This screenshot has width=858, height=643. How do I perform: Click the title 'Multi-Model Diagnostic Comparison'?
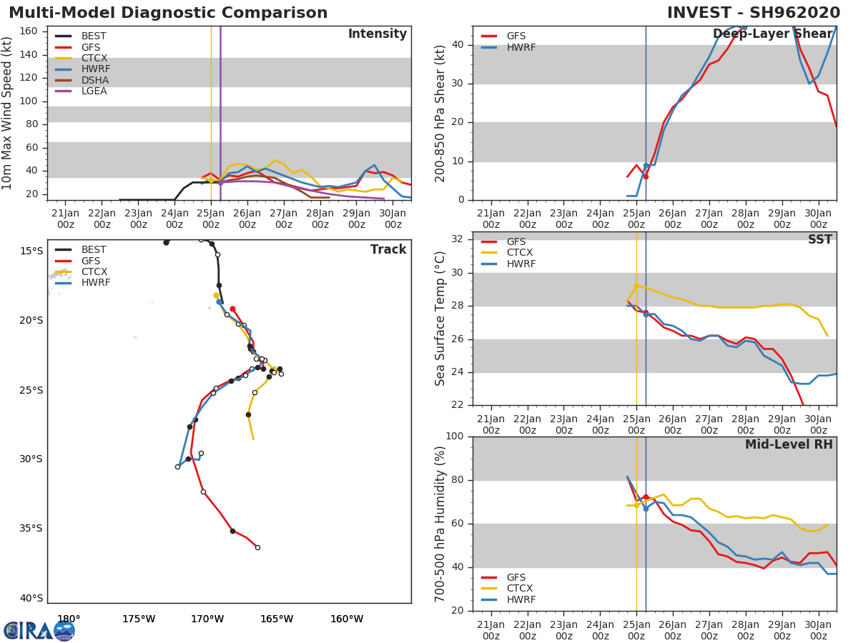tap(168, 13)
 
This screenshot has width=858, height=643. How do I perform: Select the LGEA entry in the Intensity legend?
tap(94, 91)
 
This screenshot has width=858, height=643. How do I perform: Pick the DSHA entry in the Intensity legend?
tap(94, 80)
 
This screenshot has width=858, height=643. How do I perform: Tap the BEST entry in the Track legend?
tap(94, 250)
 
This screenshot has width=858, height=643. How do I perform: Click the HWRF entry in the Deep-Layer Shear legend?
tap(521, 48)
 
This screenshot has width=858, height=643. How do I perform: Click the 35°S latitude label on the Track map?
tap(31, 529)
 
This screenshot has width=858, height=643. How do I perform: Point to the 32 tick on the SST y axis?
tap(460, 239)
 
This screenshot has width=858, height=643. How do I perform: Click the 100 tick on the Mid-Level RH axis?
tap(457, 437)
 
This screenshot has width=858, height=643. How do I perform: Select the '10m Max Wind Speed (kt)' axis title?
tap(8, 113)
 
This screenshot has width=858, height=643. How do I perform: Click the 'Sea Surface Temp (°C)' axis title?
tap(441, 319)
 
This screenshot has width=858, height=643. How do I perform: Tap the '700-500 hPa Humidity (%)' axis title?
tap(441, 524)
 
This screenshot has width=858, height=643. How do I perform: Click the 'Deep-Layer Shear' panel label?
tap(772, 34)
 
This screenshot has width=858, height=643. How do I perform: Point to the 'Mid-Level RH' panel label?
tap(789, 445)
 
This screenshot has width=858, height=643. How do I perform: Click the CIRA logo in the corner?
tap(39, 630)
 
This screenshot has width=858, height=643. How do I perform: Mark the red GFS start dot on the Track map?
tap(232, 309)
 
